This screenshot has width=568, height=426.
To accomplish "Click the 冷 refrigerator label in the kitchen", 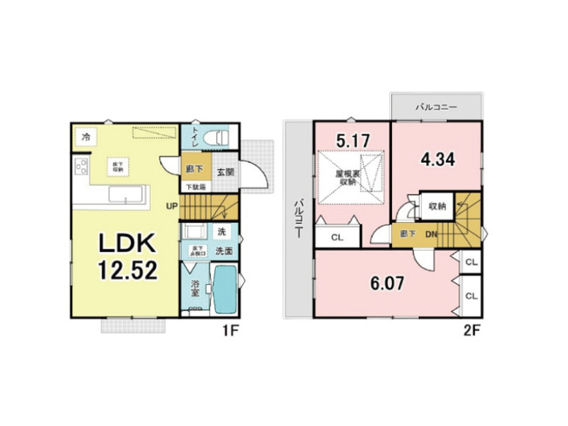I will [85, 136].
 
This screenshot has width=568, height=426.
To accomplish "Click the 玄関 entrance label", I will [226, 172].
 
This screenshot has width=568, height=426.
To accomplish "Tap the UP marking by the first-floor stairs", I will [173, 206].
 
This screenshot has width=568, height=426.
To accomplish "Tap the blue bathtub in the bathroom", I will [225, 292].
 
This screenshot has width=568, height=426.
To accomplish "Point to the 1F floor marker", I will [229, 331].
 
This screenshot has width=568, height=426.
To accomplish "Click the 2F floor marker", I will [471, 331].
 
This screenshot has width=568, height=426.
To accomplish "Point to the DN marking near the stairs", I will [432, 234].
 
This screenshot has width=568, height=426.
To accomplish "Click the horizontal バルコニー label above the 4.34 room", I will [436, 106].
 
